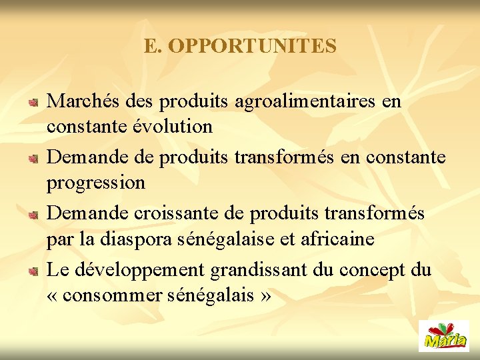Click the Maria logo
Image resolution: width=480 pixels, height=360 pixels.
click(x=443, y=335)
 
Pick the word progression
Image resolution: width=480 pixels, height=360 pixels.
click(x=96, y=183)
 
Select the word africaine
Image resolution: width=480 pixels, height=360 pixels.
click(x=341, y=239)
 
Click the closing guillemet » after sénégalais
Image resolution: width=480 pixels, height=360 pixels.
click(x=266, y=295)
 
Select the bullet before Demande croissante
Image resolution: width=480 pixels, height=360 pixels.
click(x=33, y=214)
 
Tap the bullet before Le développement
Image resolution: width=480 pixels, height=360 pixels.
click(x=33, y=271)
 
